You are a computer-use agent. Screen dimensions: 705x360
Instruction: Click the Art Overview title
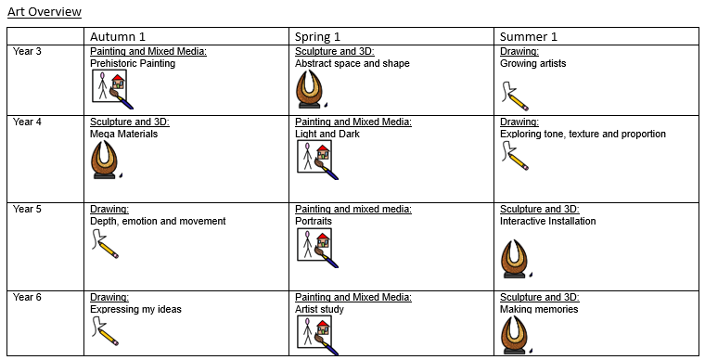[x=45, y=12]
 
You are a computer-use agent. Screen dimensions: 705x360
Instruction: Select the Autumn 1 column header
[x=118, y=36]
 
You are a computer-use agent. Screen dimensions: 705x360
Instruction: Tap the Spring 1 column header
[x=317, y=36]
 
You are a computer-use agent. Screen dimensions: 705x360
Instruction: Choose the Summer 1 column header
[x=529, y=36]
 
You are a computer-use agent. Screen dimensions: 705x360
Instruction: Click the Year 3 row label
[x=27, y=51]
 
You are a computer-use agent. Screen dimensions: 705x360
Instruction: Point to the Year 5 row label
[x=27, y=209]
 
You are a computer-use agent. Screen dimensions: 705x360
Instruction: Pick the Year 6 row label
[x=27, y=297]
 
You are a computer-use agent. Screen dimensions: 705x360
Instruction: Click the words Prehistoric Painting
[x=133, y=63]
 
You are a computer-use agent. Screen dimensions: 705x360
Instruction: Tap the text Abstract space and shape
[x=352, y=63]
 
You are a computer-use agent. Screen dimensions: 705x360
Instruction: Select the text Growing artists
[x=532, y=63]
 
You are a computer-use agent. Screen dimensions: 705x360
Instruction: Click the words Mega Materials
[x=123, y=134]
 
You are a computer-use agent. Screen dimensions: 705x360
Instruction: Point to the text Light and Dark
[x=327, y=134]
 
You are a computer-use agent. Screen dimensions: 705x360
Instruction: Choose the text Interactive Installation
[x=547, y=221]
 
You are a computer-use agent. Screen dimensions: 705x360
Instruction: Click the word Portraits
[x=314, y=221]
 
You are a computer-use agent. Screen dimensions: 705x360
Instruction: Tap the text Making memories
[x=539, y=309]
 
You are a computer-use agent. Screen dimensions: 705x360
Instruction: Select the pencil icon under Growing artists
[x=515, y=96]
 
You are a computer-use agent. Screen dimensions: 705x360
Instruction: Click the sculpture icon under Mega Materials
[x=105, y=160]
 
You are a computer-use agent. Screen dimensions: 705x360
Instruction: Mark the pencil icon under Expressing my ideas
[x=105, y=331]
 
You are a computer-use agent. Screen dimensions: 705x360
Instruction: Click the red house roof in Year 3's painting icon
[x=118, y=78]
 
